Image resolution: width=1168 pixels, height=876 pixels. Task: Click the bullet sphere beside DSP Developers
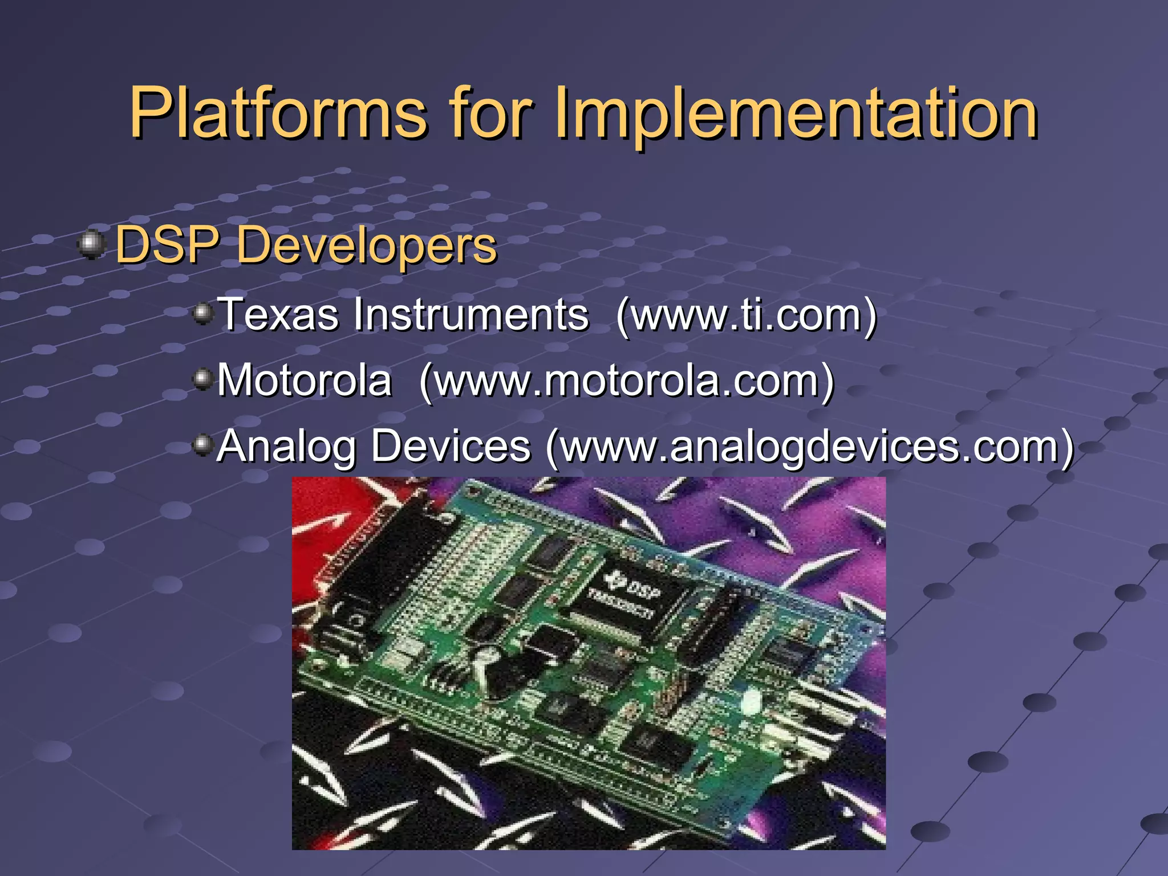tap(91, 245)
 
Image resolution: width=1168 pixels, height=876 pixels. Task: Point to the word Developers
tap(367, 245)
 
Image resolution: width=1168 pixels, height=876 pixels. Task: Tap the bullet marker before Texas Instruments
tap(202, 313)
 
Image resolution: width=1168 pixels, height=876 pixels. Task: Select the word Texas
tap(278, 314)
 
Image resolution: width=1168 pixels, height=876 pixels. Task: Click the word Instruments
tap(471, 314)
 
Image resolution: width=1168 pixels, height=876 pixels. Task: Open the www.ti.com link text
tap(746, 315)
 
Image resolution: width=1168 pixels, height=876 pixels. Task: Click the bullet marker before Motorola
tap(202, 378)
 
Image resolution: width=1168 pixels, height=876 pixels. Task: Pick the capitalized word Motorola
tap(305, 380)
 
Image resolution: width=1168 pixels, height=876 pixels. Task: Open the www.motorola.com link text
tap(626, 381)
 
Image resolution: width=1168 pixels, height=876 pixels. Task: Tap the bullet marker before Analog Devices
tap(202, 444)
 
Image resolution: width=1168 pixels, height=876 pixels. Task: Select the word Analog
tap(287, 446)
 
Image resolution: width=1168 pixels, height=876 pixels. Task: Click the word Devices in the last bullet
tap(451, 446)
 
